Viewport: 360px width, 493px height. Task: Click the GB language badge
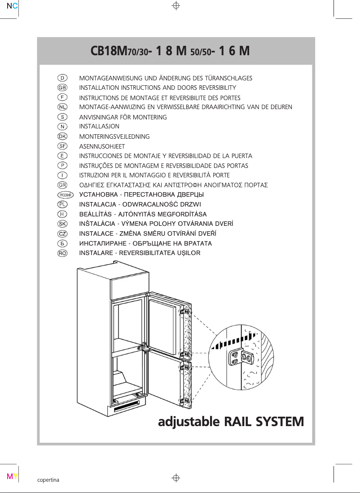pos(62,88)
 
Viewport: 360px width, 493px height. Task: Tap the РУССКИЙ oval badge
pos(66,195)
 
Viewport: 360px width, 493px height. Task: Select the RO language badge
pos(62,253)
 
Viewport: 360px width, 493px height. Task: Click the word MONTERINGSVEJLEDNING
pos(114,136)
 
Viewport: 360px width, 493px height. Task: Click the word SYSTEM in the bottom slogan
pos(279,422)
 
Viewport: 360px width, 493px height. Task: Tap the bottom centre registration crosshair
pos(176,478)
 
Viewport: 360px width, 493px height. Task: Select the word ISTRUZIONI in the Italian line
pos(94,176)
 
